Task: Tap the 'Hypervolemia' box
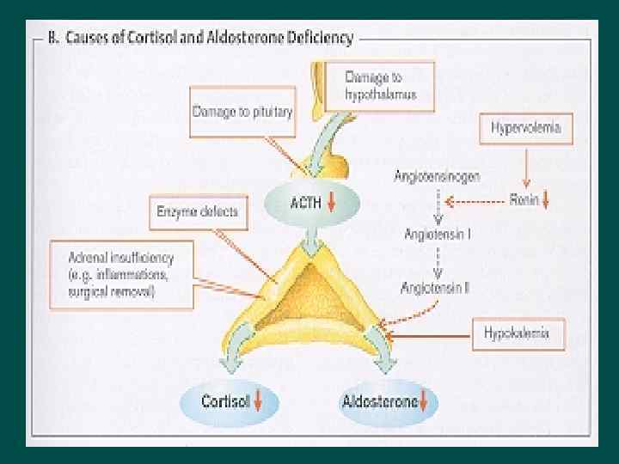tap(526, 129)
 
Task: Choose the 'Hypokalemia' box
tap(518, 333)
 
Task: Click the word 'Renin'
tap(522, 204)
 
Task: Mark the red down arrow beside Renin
tap(546, 204)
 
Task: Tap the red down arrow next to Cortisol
tap(260, 401)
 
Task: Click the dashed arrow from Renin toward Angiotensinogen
tap(478, 204)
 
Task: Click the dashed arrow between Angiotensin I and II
tap(438, 260)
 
